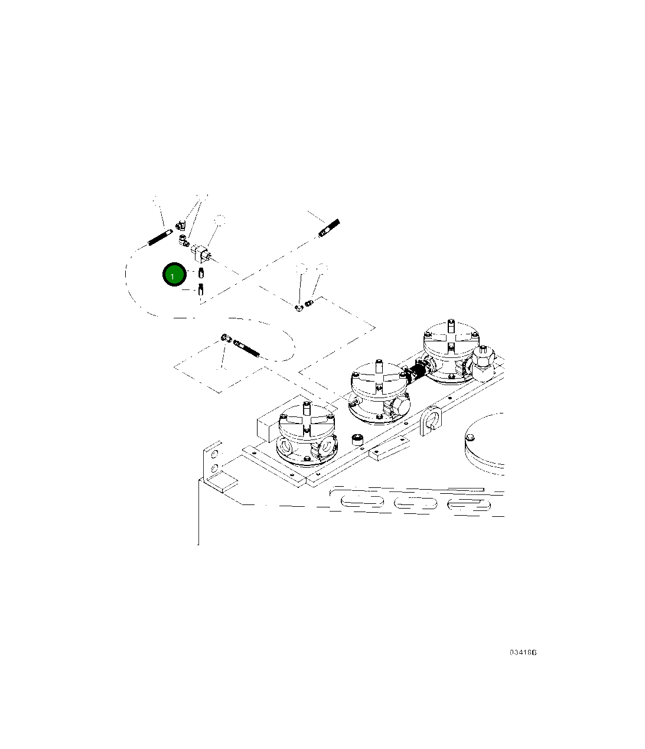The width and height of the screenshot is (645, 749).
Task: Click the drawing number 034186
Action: point(523,653)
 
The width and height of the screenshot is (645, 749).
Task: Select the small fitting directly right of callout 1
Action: point(201,273)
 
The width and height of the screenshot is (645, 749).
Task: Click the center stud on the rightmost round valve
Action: point(450,327)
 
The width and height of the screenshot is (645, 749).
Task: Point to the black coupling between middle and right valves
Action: point(415,373)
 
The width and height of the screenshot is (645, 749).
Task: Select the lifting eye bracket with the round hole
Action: point(431,421)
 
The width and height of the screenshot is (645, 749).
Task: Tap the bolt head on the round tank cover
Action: point(470,437)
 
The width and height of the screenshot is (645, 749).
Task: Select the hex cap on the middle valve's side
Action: point(398,406)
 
